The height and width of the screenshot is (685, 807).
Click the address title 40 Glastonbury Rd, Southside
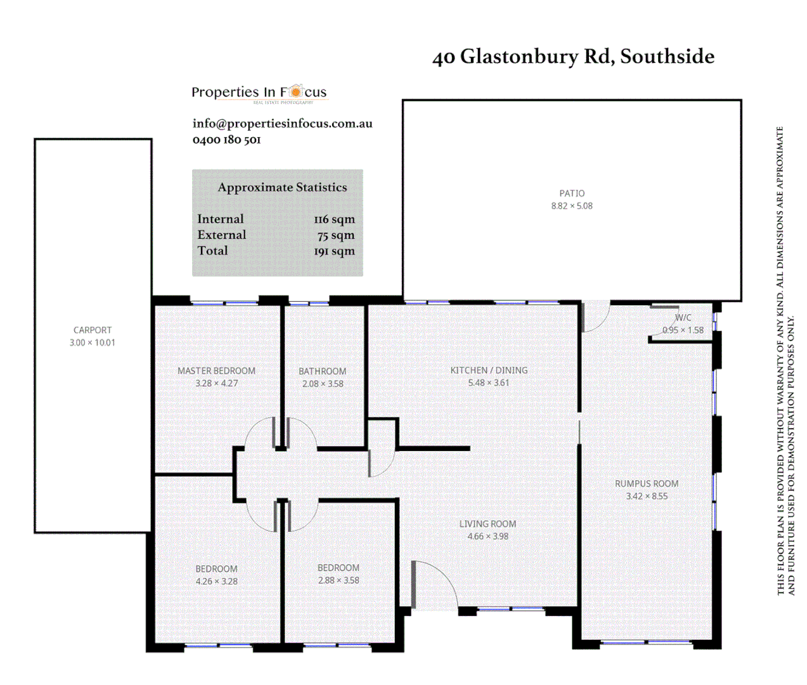click(573, 56)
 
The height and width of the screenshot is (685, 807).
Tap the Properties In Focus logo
click(259, 93)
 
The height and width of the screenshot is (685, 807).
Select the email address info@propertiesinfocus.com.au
click(282, 124)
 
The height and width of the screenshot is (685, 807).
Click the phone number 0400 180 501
click(226, 140)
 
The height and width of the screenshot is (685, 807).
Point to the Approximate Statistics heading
click(282, 187)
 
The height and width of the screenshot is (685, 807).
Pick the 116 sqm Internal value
click(334, 219)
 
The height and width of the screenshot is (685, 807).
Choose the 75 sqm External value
click(336, 235)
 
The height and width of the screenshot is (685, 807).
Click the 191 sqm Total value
click(334, 251)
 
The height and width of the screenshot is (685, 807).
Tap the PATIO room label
click(572, 193)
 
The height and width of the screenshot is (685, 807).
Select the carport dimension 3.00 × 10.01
click(93, 342)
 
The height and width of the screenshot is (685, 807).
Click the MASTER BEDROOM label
click(216, 371)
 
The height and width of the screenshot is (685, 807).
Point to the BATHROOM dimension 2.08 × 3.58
click(323, 384)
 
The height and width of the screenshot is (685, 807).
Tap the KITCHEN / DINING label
click(489, 370)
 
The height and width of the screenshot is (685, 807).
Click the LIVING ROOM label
click(487, 524)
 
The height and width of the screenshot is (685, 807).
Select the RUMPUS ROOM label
click(647, 484)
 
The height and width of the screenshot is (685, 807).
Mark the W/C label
click(683, 318)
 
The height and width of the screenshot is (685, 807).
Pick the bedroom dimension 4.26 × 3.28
click(216, 582)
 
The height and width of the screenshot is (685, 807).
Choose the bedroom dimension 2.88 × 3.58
click(339, 580)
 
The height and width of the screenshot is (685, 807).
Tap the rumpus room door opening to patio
click(595, 315)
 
